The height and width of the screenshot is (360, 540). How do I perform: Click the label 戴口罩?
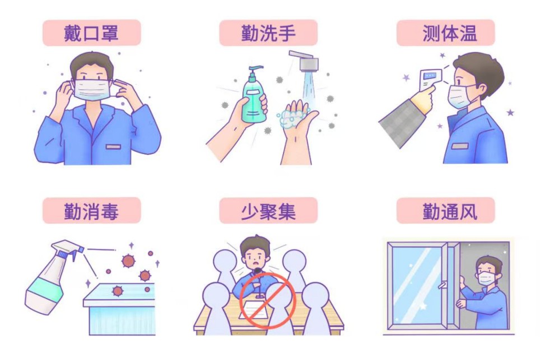point(91,33)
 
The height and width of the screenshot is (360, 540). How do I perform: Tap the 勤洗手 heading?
point(268,33)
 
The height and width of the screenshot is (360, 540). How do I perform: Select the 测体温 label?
point(450,33)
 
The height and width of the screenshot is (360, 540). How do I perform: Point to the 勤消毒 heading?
point(91,211)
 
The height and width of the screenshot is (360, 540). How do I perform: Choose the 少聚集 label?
point(268,211)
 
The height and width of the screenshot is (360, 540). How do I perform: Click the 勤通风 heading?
point(450,211)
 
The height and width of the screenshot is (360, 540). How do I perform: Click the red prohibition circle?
point(267,299)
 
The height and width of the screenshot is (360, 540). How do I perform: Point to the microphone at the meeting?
point(258,279)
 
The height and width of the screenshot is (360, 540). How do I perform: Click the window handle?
point(441,285)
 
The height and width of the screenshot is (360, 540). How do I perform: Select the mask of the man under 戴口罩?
point(92,90)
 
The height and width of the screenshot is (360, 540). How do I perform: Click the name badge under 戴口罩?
point(113,147)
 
